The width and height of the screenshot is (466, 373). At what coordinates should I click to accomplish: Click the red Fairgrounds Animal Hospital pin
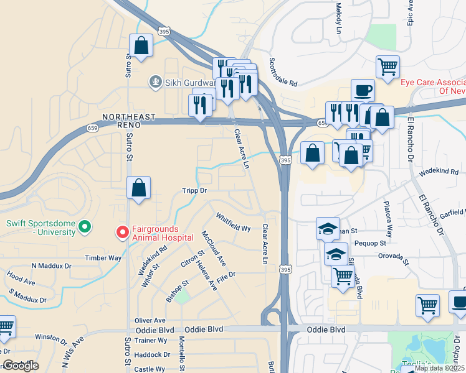123,233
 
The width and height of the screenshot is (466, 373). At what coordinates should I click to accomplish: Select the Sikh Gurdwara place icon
155,81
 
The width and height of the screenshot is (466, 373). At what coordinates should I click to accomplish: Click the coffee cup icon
363,91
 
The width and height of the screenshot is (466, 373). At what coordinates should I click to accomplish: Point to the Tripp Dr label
194,190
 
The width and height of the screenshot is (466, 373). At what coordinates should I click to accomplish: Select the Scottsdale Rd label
283,72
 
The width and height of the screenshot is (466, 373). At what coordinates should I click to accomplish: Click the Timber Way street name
103,258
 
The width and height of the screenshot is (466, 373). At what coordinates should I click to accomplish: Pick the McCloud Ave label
213,248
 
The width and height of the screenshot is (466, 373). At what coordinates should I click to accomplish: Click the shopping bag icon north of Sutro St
141,45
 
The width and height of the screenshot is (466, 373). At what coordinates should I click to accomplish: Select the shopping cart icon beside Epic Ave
388,67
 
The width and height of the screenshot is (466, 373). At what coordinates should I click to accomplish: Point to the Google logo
20,366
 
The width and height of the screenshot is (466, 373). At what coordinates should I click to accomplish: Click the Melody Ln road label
339,17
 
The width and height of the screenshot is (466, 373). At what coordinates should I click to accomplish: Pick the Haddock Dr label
152,354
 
